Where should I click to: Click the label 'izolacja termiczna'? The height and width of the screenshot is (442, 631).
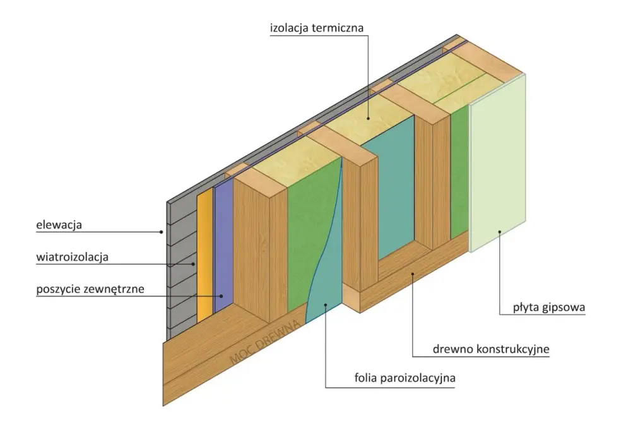pyautogui.click(x=317, y=28)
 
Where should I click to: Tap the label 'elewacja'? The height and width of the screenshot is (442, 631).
pyautogui.click(x=59, y=225)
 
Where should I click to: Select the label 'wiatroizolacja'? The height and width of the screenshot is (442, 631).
pyautogui.click(x=73, y=257)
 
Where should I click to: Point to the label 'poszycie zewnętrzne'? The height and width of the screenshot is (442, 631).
pyautogui.click(x=90, y=289)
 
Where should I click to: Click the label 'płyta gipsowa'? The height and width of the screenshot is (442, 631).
pyautogui.click(x=549, y=308)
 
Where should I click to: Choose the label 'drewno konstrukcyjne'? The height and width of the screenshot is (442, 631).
pyautogui.click(x=491, y=349)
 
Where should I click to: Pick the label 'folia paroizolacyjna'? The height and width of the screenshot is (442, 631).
pyautogui.click(x=405, y=378)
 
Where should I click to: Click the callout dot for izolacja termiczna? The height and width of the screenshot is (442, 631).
pyautogui.click(x=368, y=118)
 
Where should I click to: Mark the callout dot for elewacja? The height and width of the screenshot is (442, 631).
pyautogui.click(x=162, y=232)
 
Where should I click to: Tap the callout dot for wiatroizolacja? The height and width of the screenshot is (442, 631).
pyautogui.click(x=193, y=264)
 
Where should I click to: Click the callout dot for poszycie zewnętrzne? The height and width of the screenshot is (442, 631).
pyautogui.click(x=221, y=296)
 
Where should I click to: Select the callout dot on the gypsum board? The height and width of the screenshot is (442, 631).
pyautogui.click(x=499, y=232)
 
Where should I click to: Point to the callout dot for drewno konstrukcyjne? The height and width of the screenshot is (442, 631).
pyautogui.click(x=413, y=274)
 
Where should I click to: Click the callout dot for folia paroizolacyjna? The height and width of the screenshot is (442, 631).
pyautogui.click(x=326, y=305)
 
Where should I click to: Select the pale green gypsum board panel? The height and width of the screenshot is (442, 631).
pyautogui.click(x=497, y=163)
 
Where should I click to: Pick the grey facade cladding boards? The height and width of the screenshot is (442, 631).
pyautogui.click(x=182, y=266)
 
